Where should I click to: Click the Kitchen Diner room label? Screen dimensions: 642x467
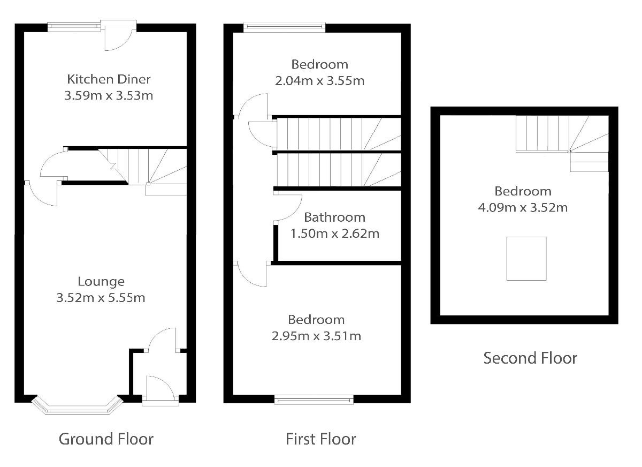pyautogui.click(x=109, y=79)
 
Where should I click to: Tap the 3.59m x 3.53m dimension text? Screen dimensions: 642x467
pyautogui.click(x=109, y=95)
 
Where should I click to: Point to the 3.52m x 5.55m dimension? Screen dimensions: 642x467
pyautogui.click(x=101, y=298)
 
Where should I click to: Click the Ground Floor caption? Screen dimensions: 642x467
pyautogui.click(x=106, y=439)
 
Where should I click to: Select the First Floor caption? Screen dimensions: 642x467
pyautogui.click(x=320, y=439)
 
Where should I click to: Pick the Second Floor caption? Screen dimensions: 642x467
pyautogui.click(x=530, y=358)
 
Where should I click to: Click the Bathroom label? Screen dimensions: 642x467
pyautogui.click(x=335, y=217)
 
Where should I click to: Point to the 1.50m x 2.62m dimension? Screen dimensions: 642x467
pyautogui.click(x=335, y=234)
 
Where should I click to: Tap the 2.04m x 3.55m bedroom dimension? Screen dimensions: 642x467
pyautogui.click(x=319, y=81)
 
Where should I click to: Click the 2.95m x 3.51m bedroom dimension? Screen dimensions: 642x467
pyautogui.click(x=316, y=336)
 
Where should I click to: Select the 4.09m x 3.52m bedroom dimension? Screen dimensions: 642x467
pyautogui.click(x=523, y=208)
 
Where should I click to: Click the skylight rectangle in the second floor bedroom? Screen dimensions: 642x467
pyautogui.click(x=526, y=259)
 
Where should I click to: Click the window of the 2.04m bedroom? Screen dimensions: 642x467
pyautogui.click(x=284, y=27)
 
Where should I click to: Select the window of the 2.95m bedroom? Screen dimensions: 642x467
pyautogui.click(x=314, y=400)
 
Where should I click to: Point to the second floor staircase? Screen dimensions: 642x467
pyautogui.click(x=562, y=144)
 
